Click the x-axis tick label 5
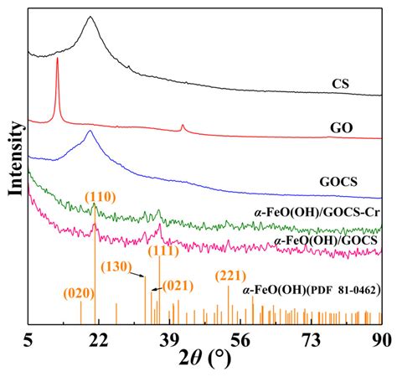[x=29, y=338]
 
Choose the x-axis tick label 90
[x=381, y=338]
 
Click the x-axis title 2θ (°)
[x=206, y=362]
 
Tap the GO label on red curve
[x=341, y=129]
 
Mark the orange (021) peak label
[x=178, y=285]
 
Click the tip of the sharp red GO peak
[x=57, y=59]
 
